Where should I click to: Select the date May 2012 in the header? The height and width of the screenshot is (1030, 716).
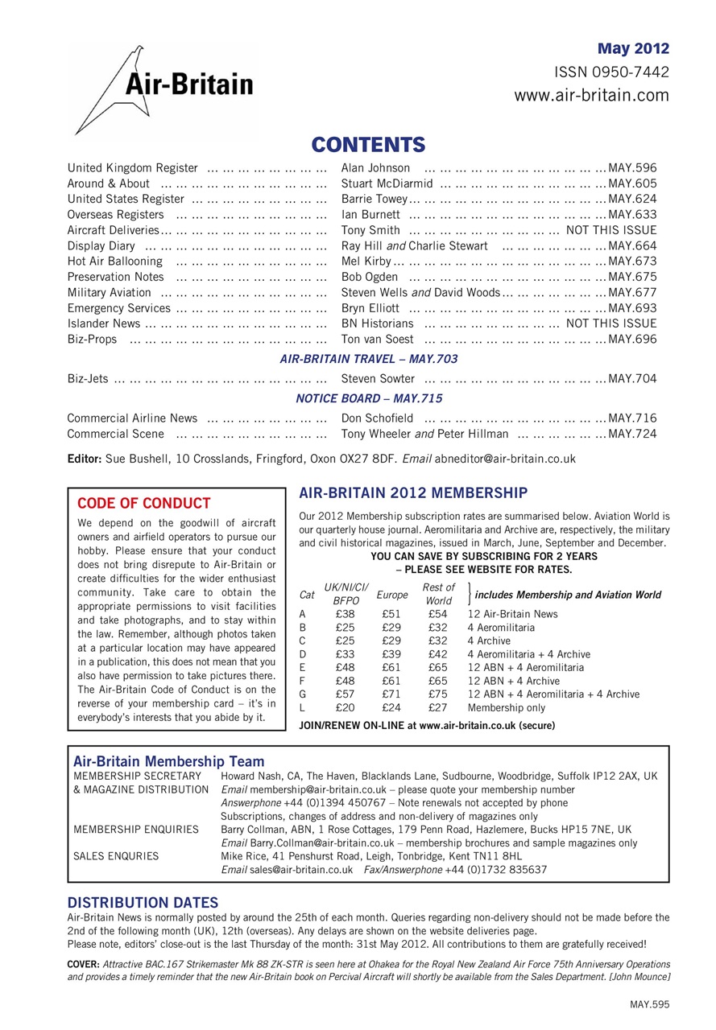click(x=633, y=49)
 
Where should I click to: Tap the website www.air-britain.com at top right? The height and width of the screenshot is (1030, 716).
click(x=591, y=96)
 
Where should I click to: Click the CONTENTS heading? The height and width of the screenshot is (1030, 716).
click(x=368, y=145)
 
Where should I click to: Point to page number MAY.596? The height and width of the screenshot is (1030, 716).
click(x=632, y=168)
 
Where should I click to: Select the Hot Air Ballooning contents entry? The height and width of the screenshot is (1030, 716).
click(x=114, y=262)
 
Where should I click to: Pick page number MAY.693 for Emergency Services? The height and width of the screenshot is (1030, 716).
click(x=632, y=308)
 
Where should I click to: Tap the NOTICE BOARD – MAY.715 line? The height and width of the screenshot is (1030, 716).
click(x=368, y=398)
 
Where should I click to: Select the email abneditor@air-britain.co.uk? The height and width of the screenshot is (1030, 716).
click(x=505, y=459)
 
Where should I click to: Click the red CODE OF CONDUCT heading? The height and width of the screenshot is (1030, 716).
click(x=143, y=504)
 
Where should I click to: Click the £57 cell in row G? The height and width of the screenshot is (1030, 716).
click(x=346, y=694)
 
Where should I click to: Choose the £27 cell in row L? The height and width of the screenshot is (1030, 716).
click(x=438, y=708)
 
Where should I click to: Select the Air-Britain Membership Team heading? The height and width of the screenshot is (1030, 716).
click(x=168, y=761)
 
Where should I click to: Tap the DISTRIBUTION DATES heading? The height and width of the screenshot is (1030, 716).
click(x=142, y=903)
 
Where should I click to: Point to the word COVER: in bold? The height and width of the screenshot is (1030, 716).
click(x=84, y=964)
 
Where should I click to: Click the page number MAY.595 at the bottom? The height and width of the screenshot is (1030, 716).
click(x=649, y=1004)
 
